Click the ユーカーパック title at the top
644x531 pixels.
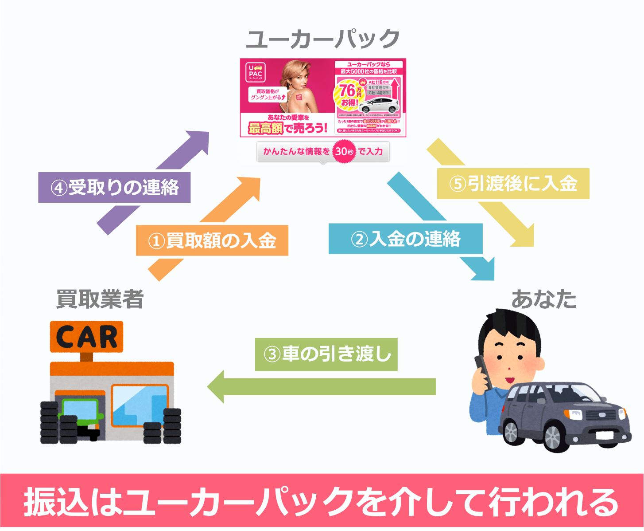pyautogui.click(x=323, y=39)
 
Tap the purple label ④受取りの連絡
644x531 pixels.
pyautogui.click(x=114, y=187)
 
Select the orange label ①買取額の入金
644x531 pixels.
pyautogui.click(x=212, y=240)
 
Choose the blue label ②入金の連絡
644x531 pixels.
pyautogui.click(x=405, y=239)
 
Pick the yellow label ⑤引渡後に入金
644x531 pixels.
pyautogui.click(x=513, y=183)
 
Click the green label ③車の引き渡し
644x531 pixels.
pyautogui.click(x=326, y=354)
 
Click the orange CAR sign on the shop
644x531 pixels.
pyautogui.click(x=86, y=337)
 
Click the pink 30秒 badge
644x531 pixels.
pyautogui.click(x=344, y=152)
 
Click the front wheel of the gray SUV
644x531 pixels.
pyautogui.click(x=553, y=438)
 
